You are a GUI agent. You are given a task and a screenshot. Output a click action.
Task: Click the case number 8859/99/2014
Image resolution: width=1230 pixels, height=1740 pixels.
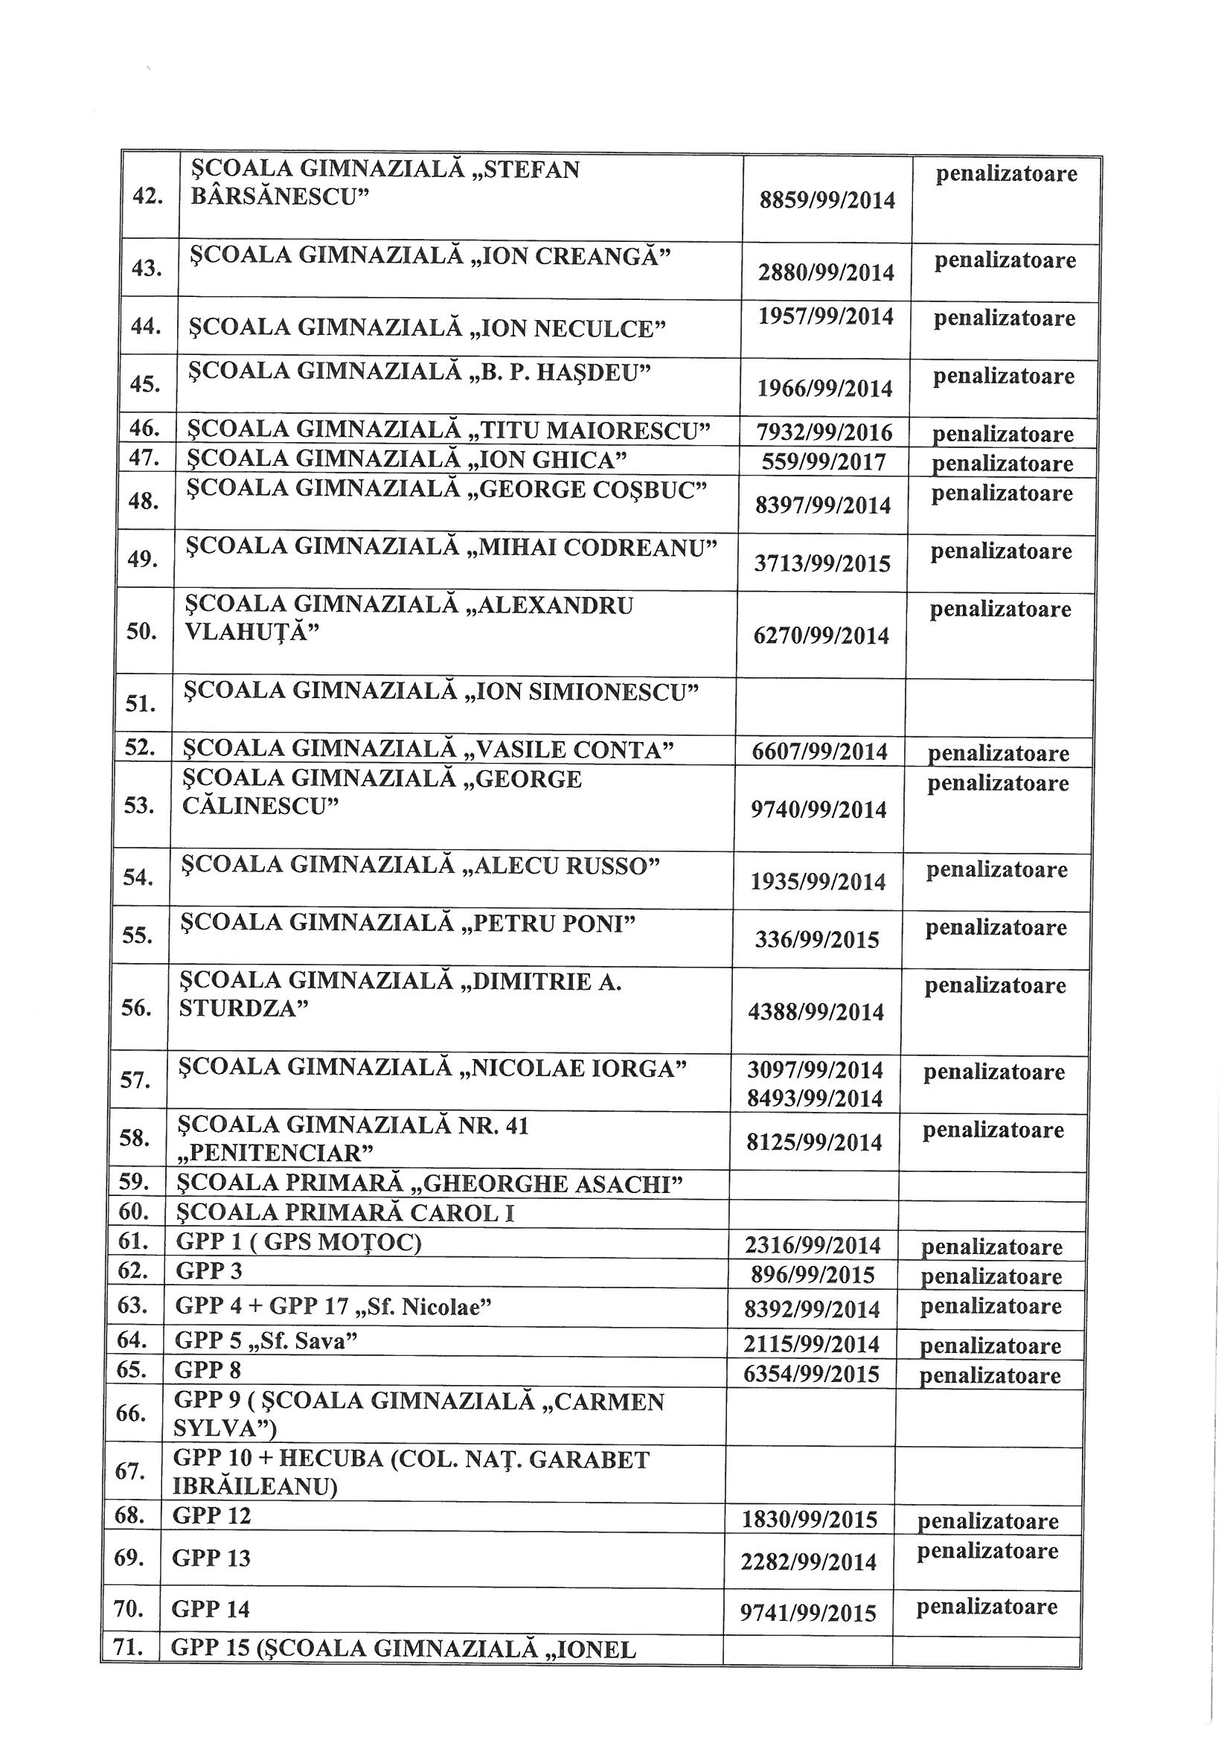pos(827,201)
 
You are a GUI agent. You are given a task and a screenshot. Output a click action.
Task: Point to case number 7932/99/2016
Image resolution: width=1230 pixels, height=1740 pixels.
pos(824,432)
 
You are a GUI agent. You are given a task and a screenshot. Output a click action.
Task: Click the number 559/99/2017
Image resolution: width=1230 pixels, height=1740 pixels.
pos(824,461)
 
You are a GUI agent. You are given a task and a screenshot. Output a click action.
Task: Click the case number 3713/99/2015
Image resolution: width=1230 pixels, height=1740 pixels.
pos(822,563)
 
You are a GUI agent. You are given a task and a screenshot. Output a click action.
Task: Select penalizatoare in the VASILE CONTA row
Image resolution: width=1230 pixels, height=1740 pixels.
pos(998,752)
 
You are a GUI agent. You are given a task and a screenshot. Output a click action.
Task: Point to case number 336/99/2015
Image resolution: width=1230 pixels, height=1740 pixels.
pos(817,940)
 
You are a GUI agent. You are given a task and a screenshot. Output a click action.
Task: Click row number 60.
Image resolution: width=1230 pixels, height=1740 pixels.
pos(133,1212)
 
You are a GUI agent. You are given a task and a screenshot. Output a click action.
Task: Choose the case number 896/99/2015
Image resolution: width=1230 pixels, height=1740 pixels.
pos(813,1275)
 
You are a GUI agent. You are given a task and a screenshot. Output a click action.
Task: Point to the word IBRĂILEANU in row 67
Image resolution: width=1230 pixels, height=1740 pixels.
pos(250,1487)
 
